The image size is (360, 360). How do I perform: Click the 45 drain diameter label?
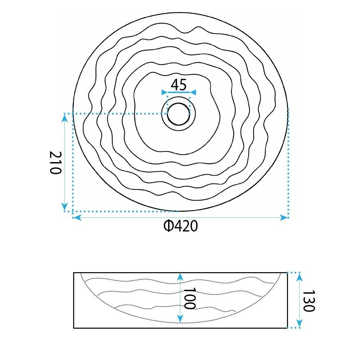pyautogui.click(x=179, y=85)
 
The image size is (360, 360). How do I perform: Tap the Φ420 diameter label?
pyautogui.click(x=181, y=226)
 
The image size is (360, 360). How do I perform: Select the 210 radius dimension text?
pyautogui.click(x=56, y=163)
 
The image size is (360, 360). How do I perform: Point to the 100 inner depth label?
pyautogui.click(x=189, y=298)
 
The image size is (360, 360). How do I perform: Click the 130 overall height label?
pyautogui.click(x=309, y=301)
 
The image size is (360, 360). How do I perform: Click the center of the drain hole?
pyautogui.click(x=179, y=114)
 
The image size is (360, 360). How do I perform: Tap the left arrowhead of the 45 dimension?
pyautogui.click(x=165, y=92)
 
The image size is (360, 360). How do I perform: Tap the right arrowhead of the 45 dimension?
pyautogui.click(x=193, y=92)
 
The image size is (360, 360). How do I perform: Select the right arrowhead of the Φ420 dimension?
pyautogui.click(x=284, y=217)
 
